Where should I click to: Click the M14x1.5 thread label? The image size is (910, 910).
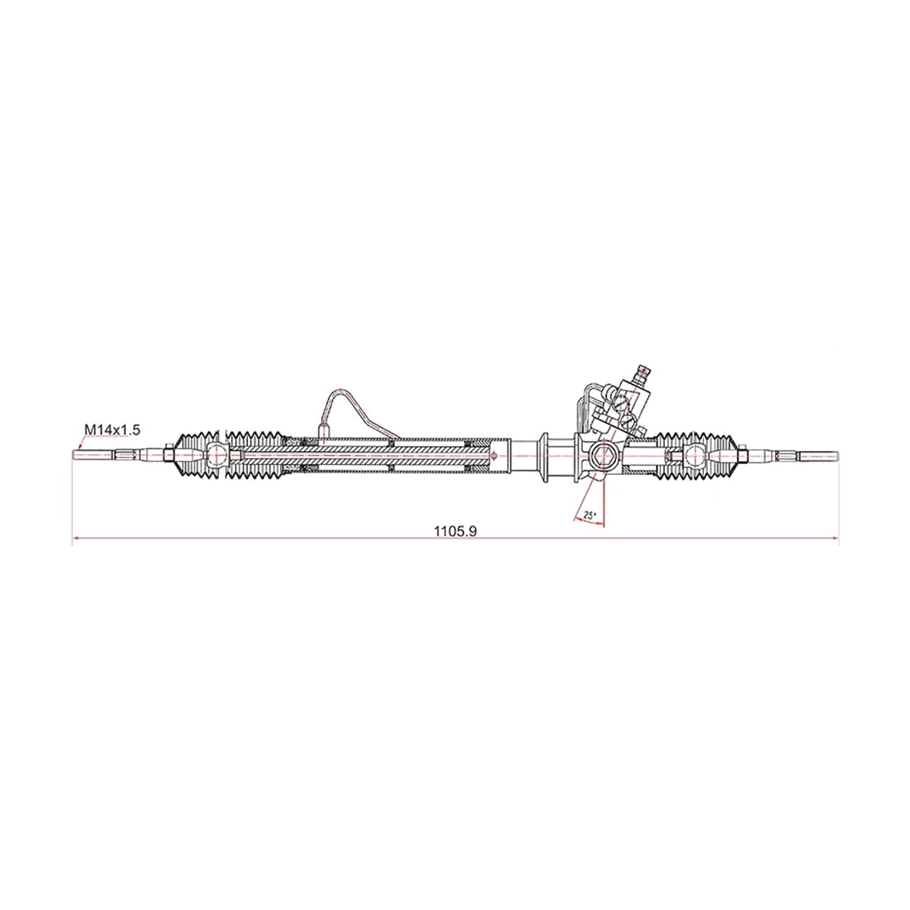(x=112, y=429)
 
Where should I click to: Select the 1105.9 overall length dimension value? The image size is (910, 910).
(x=456, y=532)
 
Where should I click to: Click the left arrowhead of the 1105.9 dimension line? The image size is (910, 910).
(x=76, y=538)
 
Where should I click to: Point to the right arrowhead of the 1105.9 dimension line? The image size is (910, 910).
(x=835, y=538)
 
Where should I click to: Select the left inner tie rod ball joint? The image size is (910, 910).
(x=216, y=455)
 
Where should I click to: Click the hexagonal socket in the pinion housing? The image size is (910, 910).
(x=605, y=455)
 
